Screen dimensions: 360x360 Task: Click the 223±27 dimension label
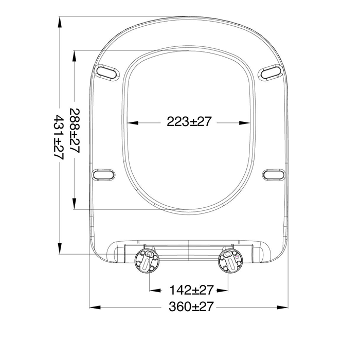[188, 121]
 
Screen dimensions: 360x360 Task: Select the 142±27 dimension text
[191, 290]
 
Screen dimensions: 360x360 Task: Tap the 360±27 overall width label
[191, 307]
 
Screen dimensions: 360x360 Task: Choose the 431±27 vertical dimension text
[59, 137]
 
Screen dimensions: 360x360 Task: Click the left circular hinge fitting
[147, 261]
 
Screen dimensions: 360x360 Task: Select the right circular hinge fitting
[230, 261]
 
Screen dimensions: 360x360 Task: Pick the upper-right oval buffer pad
[270, 73]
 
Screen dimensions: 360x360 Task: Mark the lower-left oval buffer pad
[103, 174]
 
